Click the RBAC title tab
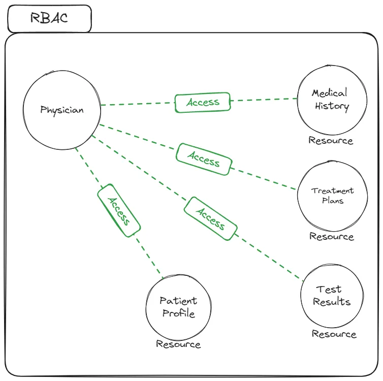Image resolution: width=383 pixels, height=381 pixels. pos(49,19)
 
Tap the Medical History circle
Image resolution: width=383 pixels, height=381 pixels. pos(331,100)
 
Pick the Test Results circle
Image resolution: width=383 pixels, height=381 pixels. pos(332,295)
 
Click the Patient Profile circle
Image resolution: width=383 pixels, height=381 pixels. pos(178,307)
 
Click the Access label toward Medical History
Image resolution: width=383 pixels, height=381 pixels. pos(203,102)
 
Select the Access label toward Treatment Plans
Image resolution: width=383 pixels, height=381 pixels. pos(204,160)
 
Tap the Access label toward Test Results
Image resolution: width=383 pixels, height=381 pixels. pos(210,218)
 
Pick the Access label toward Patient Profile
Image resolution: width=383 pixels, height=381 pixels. pos(119,210)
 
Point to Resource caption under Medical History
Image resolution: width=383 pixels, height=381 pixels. pos(331,140)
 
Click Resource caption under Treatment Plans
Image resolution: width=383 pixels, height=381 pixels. pos(332,236)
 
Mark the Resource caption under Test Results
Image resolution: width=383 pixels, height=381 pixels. pos(334,334)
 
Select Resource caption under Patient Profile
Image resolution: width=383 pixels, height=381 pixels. pos(178,344)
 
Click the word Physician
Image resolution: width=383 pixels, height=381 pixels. pos(62,110)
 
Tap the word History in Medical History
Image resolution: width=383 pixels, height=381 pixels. pos(332,106)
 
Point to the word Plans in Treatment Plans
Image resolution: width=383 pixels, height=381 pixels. pos(333,200)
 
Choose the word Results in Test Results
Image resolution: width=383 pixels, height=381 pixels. pos(332,302)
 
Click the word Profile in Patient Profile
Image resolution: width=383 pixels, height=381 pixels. pos(178,313)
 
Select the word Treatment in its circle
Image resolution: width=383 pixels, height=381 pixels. pos(333,191)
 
